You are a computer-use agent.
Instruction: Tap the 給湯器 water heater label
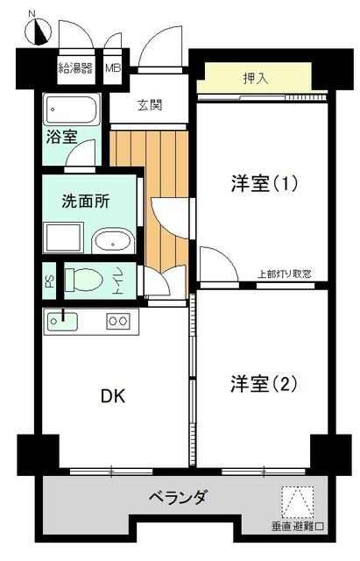[76, 67]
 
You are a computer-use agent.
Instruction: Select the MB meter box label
[113, 67]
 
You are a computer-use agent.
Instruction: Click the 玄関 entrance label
[150, 105]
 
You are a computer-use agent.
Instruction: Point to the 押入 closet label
[256, 78]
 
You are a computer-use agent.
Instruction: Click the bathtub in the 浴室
[72, 109]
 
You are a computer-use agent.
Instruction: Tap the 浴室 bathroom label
[61, 137]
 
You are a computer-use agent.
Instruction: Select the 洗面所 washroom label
[86, 202]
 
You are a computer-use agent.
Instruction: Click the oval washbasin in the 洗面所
[113, 241]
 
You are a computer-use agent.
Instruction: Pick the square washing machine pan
[63, 238]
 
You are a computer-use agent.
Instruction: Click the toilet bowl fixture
[84, 280]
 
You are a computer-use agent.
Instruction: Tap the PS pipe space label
[48, 281]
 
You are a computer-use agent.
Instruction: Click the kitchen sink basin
[63, 321]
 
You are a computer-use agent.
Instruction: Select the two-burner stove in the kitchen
[117, 321]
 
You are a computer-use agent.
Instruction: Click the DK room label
[113, 396]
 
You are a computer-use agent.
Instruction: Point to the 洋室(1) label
[265, 184]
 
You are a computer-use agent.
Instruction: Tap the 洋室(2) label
[264, 384]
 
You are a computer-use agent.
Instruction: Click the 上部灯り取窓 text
[284, 274]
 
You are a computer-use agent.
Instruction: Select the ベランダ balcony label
[177, 497]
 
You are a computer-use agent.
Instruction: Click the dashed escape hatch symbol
[298, 501]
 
